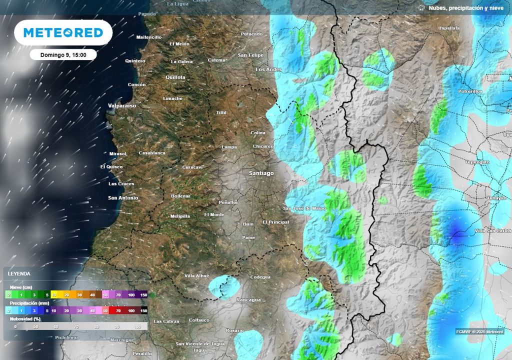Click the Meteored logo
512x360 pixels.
tap(63, 33)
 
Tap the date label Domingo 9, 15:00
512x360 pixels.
tap(63, 55)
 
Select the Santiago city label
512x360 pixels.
tap(261, 173)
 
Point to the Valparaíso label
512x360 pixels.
tap(122, 106)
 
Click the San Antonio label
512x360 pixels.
tap(123, 198)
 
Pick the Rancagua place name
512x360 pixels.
tap(248, 299)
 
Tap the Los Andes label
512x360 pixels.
tap(268, 69)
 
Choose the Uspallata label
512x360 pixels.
tap(448, 28)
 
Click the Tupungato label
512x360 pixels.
tap(477, 162)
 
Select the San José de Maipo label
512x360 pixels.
tap(304, 208)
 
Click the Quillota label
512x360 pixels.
tap(175, 77)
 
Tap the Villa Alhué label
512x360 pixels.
tap(196, 276)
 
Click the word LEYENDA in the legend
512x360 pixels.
tap(18, 274)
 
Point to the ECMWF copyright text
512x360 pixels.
tap(479, 331)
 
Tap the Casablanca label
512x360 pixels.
tap(152, 153)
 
